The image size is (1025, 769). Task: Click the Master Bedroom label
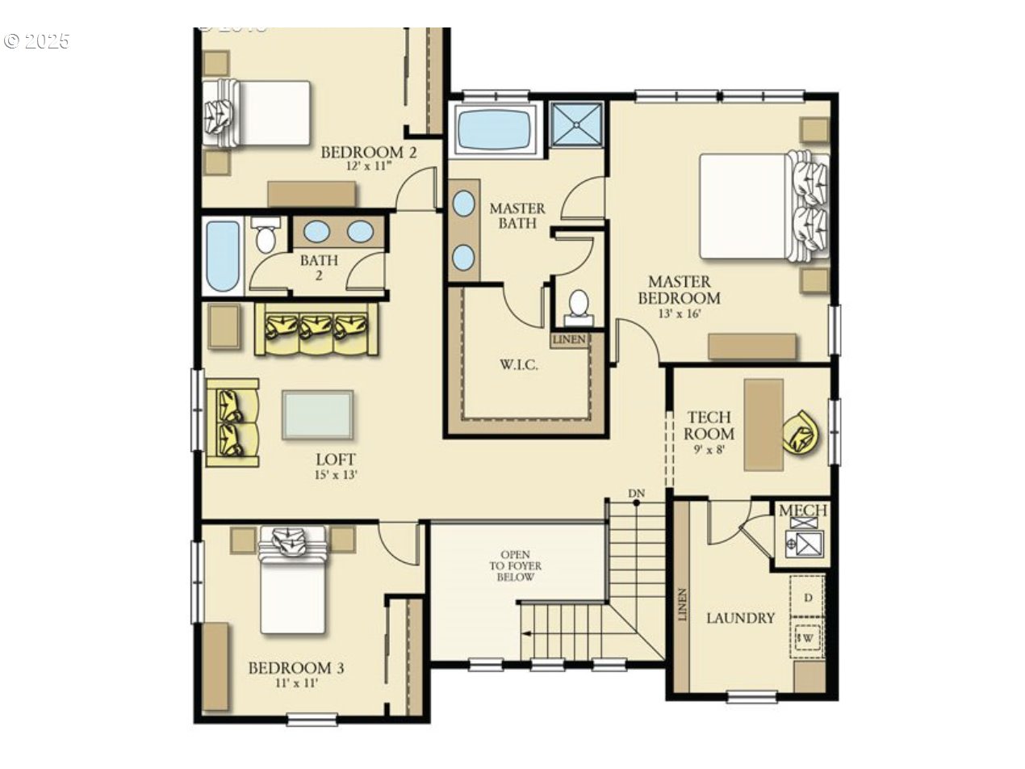[x=679, y=289]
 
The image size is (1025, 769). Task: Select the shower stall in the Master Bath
[x=576, y=124]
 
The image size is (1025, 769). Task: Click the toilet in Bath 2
[x=265, y=236]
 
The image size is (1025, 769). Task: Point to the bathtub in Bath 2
[x=222, y=255]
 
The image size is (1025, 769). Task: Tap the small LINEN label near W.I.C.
[x=570, y=339]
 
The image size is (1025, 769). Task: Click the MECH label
[x=802, y=511]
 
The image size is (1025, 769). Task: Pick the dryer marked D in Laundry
[x=808, y=597]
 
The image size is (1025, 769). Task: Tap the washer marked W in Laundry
[x=807, y=638]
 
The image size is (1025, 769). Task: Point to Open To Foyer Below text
[x=515, y=566]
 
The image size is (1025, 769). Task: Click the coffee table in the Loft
[x=317, y=414]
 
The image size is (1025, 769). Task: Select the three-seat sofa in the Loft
[x=316, y=329]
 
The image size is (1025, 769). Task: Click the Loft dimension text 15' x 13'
[x=336, y=475]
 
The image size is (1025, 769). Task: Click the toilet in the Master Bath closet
[x=579, y=305]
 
